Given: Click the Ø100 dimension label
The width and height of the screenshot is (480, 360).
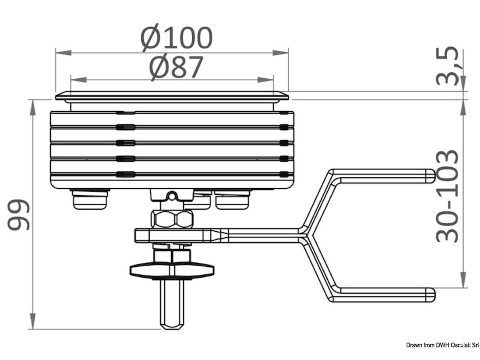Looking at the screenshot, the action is (x=176, y=38).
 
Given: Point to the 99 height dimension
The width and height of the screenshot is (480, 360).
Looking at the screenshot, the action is (x=18, y=214).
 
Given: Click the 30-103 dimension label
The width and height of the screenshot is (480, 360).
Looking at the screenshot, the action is (x=446, y=196).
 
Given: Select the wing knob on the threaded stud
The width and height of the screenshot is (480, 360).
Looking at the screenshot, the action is (x=172, y=271).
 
